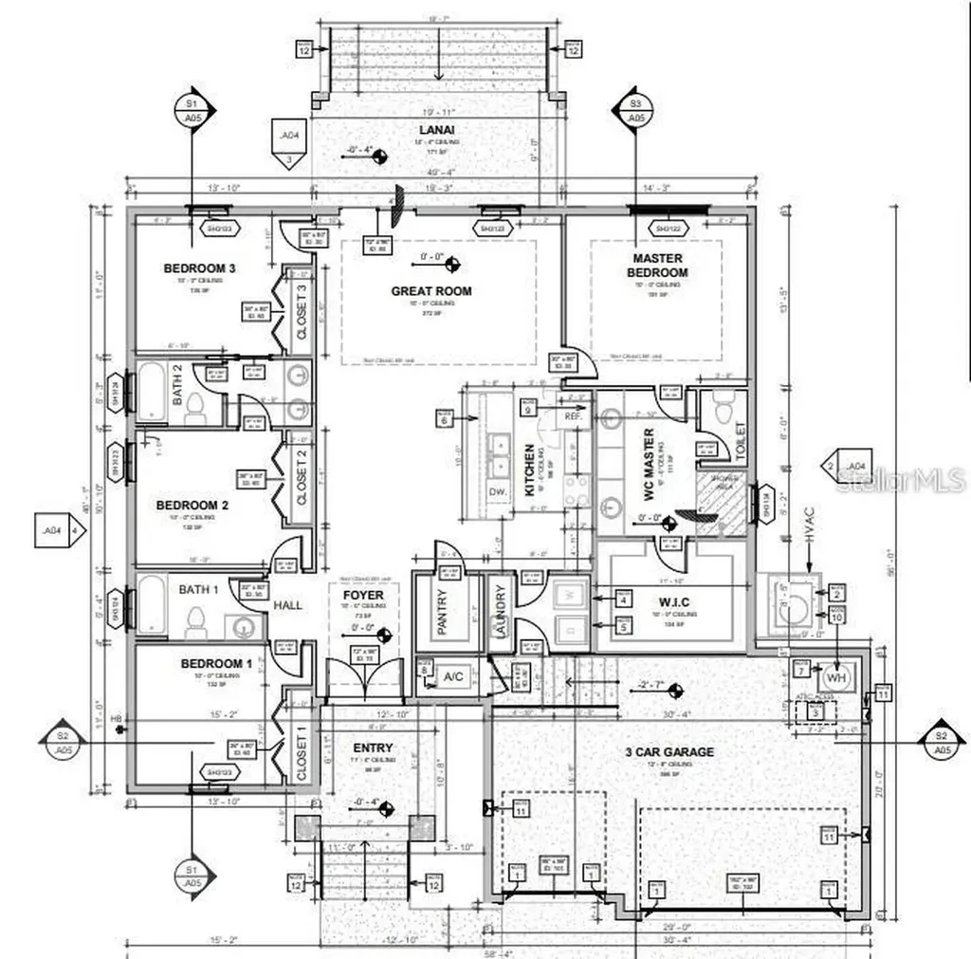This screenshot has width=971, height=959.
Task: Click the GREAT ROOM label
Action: pyautogui.click(x=431, y=291)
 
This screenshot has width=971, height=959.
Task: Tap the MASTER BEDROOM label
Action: pyautogui.click(x=658, y=266)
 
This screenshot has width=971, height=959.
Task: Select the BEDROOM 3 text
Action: pyautogui.click(x=199, y=268)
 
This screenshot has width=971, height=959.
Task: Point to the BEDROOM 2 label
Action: pyautogui.click(x=192, y=506)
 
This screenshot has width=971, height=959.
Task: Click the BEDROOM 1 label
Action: pyautogui.click(x=216, y=663)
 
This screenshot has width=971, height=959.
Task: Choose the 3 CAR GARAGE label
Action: pyautogui.click(x=669, y=752)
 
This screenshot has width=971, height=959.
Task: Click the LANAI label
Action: pyautogui.click(x=436, y=130)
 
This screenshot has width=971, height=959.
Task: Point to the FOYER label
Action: pyautogui.click(x=363, y=596)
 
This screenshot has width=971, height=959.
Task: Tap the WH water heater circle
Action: pyautogui.click(x=834, y=679)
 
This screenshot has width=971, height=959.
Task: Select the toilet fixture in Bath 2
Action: pyautogui.click(x=195, y=405)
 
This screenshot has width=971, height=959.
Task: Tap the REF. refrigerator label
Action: pyautogui.click(x=573, y=415)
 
